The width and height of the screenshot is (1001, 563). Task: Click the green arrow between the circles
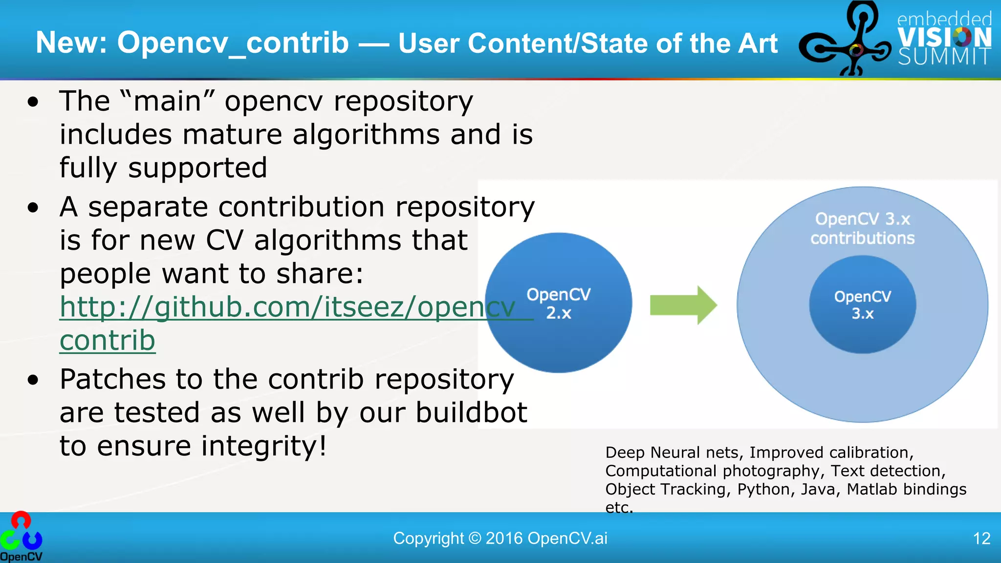coord(683,305)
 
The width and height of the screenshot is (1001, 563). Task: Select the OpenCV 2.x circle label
coord(558,303)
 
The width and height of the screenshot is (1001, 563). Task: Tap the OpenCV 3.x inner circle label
coord(862,305)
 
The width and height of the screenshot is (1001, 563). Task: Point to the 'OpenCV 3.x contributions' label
coord(862,228)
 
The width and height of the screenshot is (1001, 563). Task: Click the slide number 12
coord(981,539)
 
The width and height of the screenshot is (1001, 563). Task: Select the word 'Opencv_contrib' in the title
coord(233,43)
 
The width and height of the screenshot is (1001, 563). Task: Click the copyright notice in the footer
coord(500,539)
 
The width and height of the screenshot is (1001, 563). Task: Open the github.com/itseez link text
coord(287,307)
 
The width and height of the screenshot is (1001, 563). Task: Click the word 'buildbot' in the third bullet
coord(471,412)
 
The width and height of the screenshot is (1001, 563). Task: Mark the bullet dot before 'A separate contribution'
coord(33,208)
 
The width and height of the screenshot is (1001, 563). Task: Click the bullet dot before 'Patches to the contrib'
coord(33,380)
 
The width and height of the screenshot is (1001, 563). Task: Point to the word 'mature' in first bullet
coord(233,135)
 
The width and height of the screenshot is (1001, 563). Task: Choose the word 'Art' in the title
coord(758,43)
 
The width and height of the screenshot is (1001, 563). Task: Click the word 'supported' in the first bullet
coord(197,168)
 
